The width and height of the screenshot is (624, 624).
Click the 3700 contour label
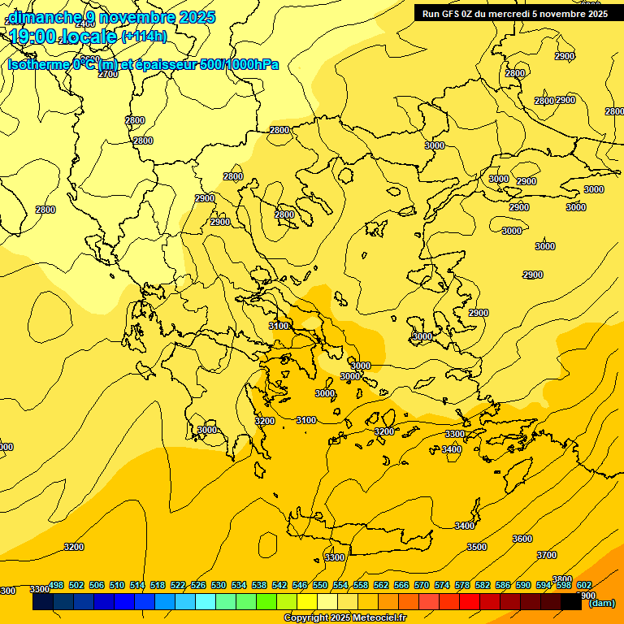(547, 555)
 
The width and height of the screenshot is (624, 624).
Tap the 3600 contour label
(522, 539)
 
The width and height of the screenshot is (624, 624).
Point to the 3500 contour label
(477, 547)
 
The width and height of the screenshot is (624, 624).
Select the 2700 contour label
(108, 74)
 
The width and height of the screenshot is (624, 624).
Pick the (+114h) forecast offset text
(144, 37)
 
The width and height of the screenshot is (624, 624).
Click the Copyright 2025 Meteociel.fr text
(344, 617)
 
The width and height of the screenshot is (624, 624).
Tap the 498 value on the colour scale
(56, 585)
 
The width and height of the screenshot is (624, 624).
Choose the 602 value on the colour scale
(583, 585)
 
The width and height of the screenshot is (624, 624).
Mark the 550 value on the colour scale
(320, 585)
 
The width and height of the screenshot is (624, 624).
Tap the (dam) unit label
(602, 602)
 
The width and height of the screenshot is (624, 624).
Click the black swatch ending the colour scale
(571, 602)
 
